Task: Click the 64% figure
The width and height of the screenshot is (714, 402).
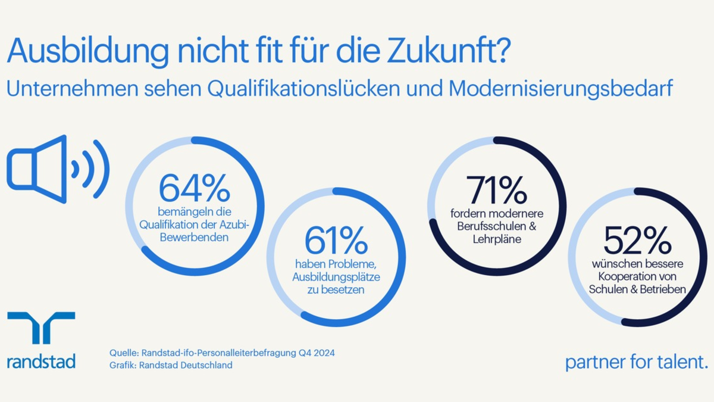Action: [x=194, y=189]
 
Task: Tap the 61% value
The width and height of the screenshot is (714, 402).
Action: [x=336, y=240]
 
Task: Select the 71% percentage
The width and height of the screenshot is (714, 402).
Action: [x=496, y=189]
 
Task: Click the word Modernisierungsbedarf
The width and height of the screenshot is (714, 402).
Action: [x=561, y=89]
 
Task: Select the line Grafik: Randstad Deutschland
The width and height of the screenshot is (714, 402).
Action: [x=171, y=365]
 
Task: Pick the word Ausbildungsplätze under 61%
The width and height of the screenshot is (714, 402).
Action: [x=336, y=277]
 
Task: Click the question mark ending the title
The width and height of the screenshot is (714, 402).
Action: [x=501, y=52]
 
